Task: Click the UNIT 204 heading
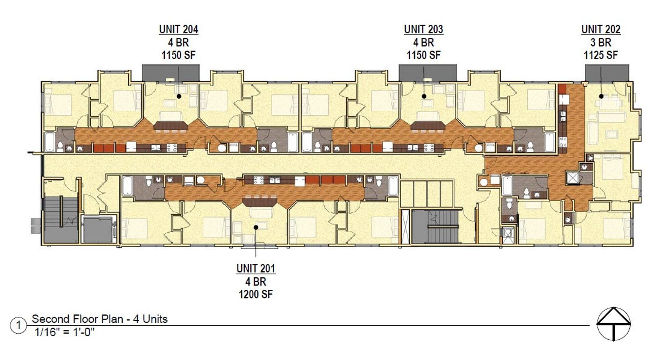[x=179, y=30]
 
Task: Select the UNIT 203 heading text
[x=423, y=30]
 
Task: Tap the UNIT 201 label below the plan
[x=256, y=268]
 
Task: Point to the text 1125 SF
[x=601, y=55]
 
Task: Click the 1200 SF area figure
[x=256, y=294]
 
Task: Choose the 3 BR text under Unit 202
[x=601, y=42]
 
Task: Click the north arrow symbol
[x=614, y=324]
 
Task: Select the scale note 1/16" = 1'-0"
[x=64, y=332]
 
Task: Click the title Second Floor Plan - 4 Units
[x=99, y=319]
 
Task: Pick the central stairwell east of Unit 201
[x=436, y=226]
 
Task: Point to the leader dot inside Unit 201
[x=256, y=227]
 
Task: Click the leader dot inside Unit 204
[x=179, y=96]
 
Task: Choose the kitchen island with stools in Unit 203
[x=428, y=127]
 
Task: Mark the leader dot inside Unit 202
[x=601, y=96]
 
